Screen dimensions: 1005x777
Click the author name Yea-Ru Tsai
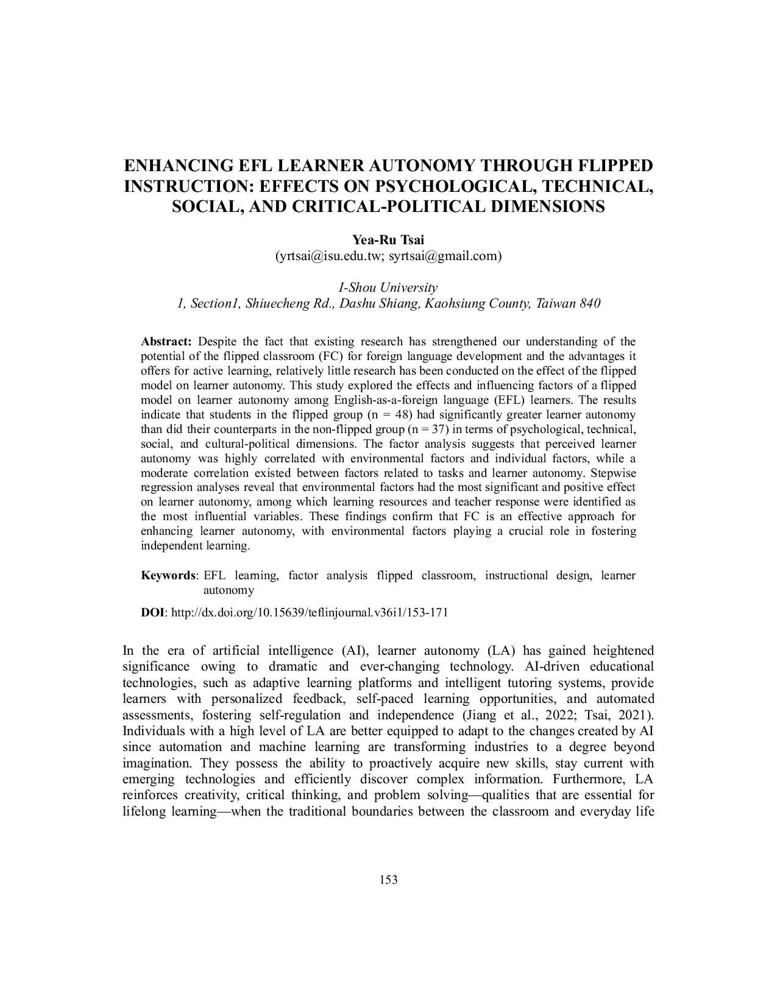pyautogui.click(x=388, y=240)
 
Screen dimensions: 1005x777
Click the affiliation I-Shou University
pyautogui.click(x=388, y=287)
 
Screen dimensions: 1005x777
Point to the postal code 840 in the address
pyautogui.click(x=589, y=303)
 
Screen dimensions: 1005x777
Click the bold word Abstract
pyautogui.click(x=166, y=341)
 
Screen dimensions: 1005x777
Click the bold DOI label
pyautogui.click(x=152, y=613)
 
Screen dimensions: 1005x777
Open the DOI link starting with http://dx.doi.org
pyautogui.click(x=310, y=613)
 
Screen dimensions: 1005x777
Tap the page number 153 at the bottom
pyautogui.click(x=388, y=880)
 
